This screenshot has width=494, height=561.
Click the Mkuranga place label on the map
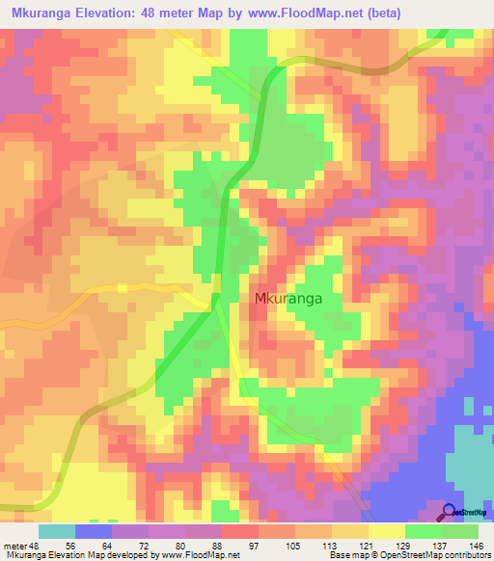tap(288, 299)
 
